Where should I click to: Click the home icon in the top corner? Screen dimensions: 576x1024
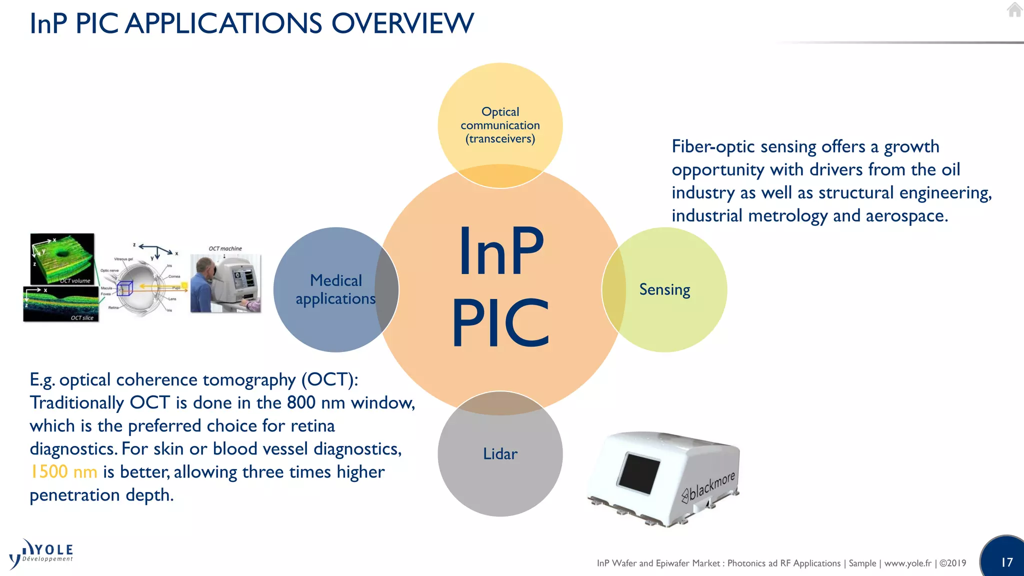tap(1014, 10)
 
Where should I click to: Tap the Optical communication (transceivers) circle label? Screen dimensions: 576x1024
tap(500, 125)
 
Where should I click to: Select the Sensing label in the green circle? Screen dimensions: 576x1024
tap(664, 289)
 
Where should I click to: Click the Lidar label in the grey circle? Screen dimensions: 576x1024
tap(500, 454)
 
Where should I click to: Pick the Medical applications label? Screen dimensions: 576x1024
tap(335, 289)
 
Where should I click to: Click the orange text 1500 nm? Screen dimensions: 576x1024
tap(63, 471)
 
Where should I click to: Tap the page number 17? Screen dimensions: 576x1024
tap(1006, 562)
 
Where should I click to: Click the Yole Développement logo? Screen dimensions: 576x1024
tap(42, 554)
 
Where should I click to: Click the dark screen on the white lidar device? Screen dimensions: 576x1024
tap(638, 472)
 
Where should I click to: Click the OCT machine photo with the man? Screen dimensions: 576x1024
tap(225, 283)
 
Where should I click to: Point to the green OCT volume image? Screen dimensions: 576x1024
tap(62, 258)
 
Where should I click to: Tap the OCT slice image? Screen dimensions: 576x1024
tap(61, 304)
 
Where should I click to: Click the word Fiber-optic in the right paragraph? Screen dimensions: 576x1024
tap(712, 146)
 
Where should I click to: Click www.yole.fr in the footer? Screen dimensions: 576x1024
tap(907, 563)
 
